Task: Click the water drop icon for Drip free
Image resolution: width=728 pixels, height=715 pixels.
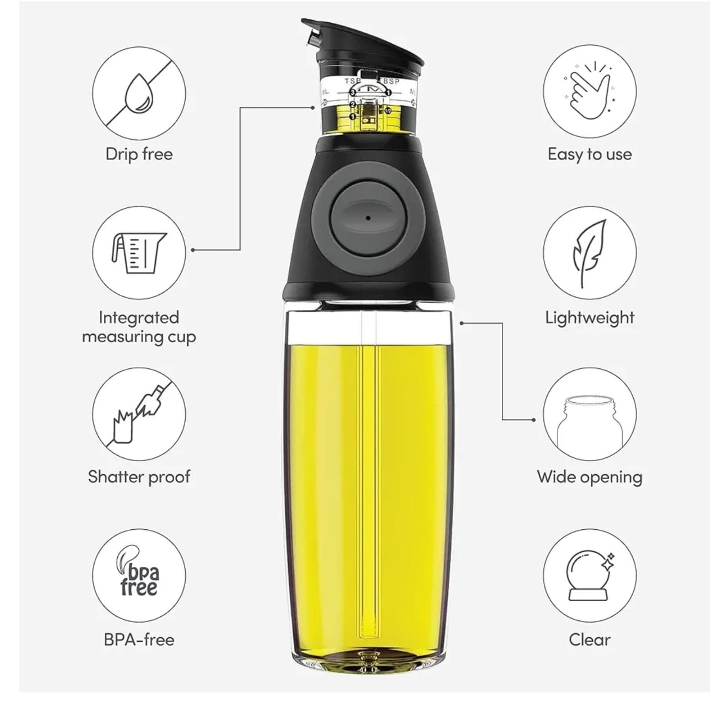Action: point(139,94)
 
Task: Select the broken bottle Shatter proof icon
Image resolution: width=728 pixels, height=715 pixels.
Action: point(139,414)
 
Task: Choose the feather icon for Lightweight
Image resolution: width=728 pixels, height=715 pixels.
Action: point(590,253)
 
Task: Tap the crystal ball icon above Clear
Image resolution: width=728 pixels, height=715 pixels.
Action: point(590,576)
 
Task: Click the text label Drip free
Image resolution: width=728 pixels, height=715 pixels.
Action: point(139,154)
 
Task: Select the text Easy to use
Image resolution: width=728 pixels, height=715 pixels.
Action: point(590,154)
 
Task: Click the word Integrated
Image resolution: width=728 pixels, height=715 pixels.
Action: point(139,317)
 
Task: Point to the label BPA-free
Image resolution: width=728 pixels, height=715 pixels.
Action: point(139,639)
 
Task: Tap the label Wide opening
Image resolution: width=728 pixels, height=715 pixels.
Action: point(590,477)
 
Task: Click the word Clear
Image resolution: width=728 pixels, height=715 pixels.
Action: point(590,639)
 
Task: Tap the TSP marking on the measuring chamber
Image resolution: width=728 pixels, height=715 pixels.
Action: point(353,81)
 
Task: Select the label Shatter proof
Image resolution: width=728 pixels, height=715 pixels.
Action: point(139,477)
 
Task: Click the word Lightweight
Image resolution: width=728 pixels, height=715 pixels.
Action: point(590,317)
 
